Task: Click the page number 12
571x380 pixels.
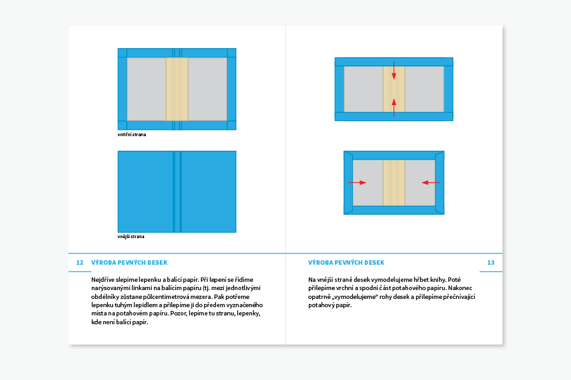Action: coord(80,263)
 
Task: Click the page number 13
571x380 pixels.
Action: coord(490,263)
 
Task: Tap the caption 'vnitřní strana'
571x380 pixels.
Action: coord(132,134)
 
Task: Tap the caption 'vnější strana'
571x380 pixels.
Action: coord(131,237)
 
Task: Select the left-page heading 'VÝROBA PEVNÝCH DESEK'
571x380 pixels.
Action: coord(129,263)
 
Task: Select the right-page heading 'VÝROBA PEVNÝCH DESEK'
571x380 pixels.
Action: coord(346,263)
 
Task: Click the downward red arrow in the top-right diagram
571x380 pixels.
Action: coord(394,70)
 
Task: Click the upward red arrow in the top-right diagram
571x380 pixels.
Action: coord(394,106)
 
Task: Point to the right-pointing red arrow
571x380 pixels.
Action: coord(357,182)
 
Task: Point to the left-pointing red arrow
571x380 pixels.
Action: coord(431,182)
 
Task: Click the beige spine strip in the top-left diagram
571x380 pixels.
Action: coord(177,89)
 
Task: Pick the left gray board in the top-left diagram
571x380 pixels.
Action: coord(146,89)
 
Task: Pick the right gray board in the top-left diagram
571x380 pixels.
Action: coord(207,89)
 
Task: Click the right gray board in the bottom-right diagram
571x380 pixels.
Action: coord(420,182)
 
